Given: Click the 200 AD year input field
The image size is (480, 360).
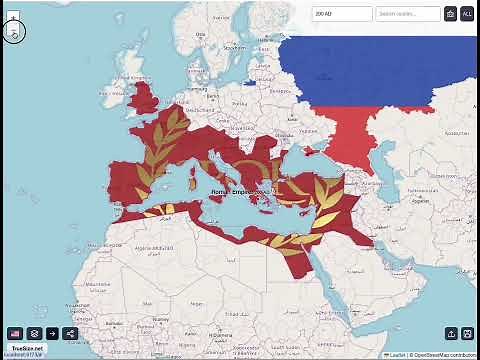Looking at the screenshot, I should tap(342, 14).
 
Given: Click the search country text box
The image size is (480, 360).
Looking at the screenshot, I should tap(408, 14).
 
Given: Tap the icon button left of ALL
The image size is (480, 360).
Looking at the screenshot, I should tap(451, 14).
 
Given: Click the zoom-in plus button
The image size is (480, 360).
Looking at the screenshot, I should tap(13, 17).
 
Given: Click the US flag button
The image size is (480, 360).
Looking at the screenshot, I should tap(15, 333).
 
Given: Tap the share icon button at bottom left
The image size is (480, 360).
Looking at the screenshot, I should tap(70, 333).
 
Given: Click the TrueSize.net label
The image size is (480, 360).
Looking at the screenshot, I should tap(27, 347).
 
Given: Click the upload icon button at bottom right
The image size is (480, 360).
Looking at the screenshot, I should tap(451, 333).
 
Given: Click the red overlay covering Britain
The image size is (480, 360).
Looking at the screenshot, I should tap(145, 98).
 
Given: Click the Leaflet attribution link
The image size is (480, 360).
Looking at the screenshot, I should tap(397, 355).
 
